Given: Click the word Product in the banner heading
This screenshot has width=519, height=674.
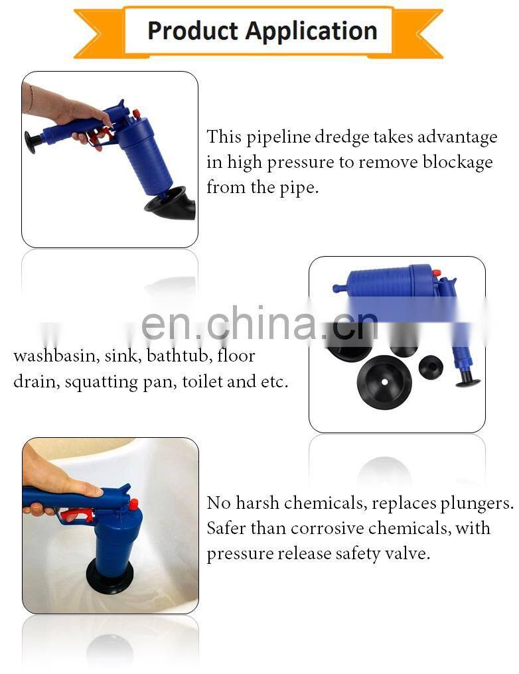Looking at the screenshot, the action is tap(192, 32).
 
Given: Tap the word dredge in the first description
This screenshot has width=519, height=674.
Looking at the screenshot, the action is tap(341, 137).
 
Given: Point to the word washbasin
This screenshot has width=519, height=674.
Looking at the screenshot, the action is tap(54, 356).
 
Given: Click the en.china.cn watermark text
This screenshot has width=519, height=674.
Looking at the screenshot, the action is tap(259, 323).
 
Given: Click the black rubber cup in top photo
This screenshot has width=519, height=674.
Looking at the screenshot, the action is tap(170, 204).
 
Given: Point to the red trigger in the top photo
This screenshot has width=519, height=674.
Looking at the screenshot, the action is tap(102, 135).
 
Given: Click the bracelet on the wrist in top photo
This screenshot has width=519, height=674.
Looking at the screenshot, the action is tap(31, 99).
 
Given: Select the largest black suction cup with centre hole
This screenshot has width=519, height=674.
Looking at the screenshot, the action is tap(384, 381).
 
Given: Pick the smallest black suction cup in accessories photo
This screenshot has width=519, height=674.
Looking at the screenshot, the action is tap(431, 368).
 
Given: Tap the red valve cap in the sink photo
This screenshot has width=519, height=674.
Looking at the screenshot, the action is tap(133, 504).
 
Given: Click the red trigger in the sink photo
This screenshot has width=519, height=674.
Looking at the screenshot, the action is tap(78, 514).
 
